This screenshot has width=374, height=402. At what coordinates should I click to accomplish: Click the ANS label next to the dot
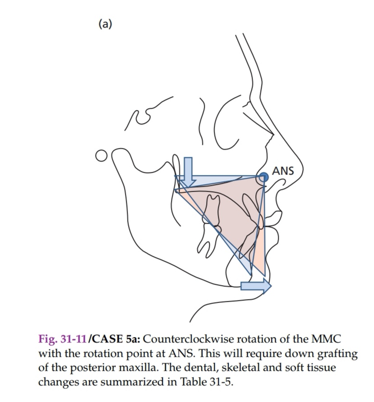[283, 171]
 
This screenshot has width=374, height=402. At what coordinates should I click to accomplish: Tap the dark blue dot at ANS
[263, 177]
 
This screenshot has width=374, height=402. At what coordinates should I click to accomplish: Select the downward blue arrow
[188, 172]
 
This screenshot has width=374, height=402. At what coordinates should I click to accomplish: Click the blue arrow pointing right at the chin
[256, 286]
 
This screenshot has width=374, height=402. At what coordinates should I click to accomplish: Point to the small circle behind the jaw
[101, 156]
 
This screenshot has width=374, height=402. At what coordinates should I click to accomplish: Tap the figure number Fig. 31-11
[62, 339]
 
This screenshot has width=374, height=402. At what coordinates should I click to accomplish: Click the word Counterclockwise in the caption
[189, 339]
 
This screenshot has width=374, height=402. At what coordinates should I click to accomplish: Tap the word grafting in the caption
[337, 354]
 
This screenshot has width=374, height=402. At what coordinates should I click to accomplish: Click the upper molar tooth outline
[212, 212]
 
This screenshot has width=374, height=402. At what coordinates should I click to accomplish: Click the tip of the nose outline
[302, 169]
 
